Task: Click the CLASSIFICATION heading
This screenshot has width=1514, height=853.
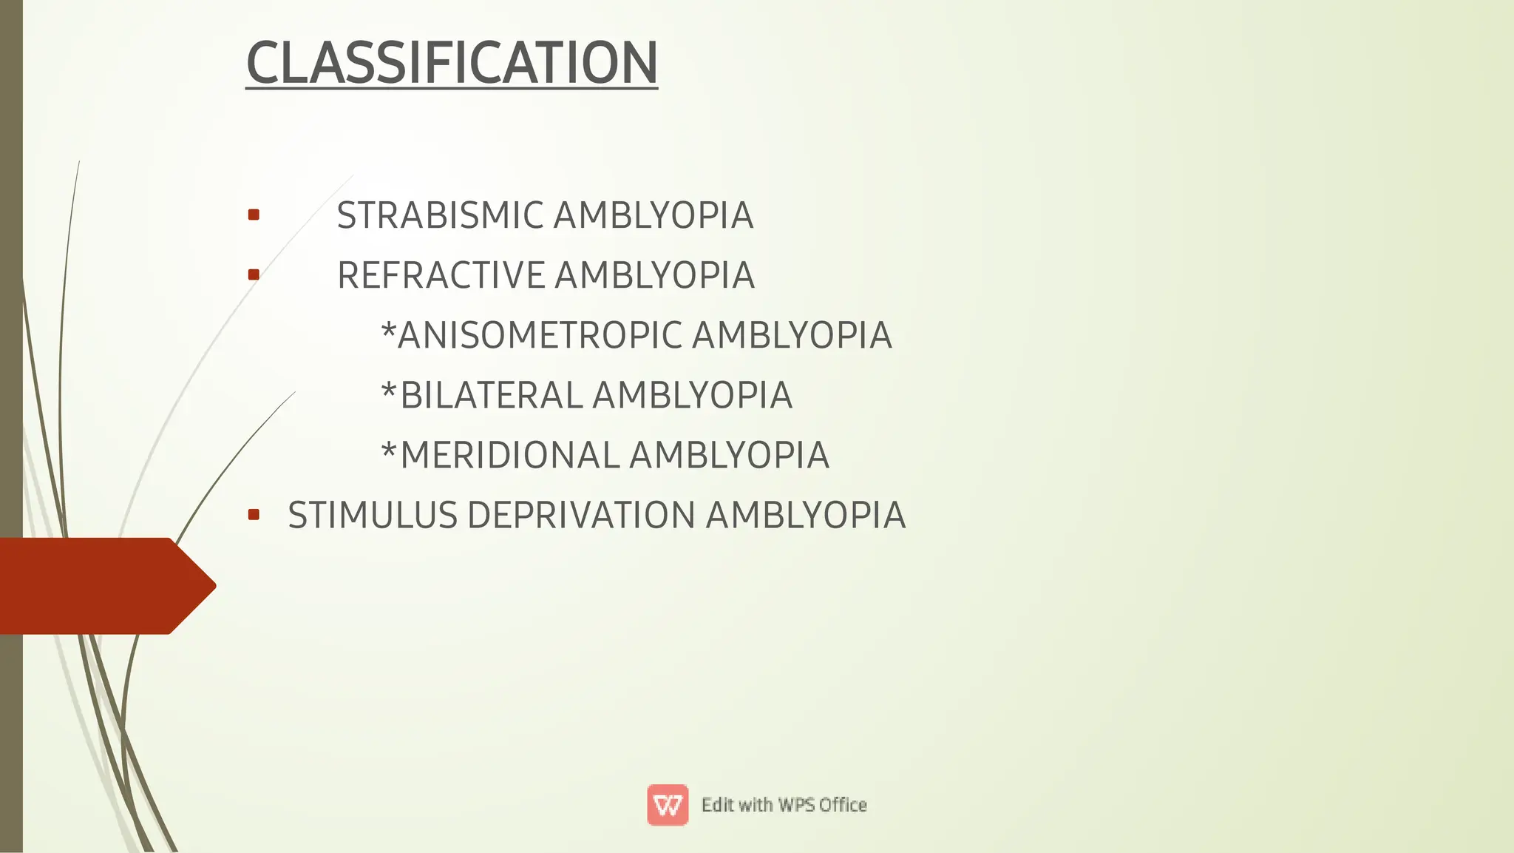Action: (x=452, y=63)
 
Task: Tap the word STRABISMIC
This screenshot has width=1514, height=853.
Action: (x=440, y=216)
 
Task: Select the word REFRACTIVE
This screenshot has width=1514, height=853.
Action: (x=441, y=276)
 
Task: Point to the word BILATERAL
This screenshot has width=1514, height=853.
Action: (x=492, y=396)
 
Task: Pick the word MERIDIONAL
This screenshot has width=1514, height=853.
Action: (x=509, y=456)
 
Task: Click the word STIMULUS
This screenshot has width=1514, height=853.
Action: (x=373, y=516)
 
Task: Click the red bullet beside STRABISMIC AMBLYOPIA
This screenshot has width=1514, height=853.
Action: (x=254, y=215)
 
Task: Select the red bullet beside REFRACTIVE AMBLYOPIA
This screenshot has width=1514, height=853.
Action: (x=254, y=275)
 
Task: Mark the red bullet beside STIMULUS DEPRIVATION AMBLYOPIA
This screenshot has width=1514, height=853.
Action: (x=254, y=515)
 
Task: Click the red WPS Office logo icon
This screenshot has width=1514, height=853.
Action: (x=668, y=805)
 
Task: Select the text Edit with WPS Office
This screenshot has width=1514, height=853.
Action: (x=784, y=805)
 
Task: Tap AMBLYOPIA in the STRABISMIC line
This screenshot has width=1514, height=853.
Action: (x=654, y=216)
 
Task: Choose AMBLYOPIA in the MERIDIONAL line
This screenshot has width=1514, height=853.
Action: (x=730, y=456)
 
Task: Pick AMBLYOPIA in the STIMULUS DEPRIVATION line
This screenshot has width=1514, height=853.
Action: (x=806, y=516)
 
